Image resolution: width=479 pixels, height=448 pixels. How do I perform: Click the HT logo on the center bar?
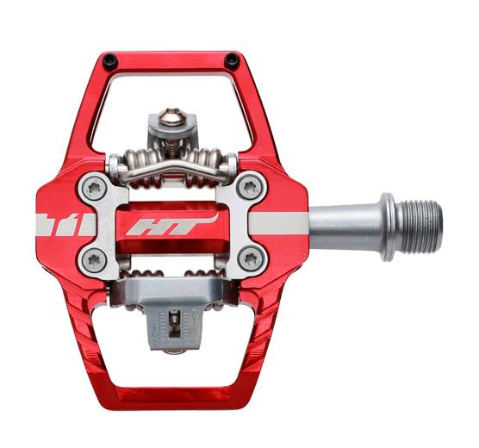click(171, 225)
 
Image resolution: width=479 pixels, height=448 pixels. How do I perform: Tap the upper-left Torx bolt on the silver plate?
click(92, 188)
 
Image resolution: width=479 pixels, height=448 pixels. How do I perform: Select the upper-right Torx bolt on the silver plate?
click(251, 187)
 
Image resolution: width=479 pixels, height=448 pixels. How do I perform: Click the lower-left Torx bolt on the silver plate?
click(92, 260)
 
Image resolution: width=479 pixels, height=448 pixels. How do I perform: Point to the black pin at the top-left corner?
click(110, 61)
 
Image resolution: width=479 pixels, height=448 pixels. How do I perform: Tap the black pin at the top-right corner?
click(232, 60)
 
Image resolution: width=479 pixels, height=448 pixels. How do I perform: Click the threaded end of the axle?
click(419, 227)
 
